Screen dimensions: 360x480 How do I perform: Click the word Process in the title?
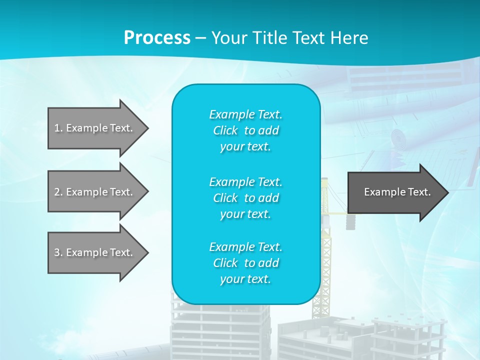click(x=157, y=38)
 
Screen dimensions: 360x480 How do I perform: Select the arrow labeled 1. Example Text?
click(x=95, y=128)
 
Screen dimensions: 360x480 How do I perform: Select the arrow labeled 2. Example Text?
click(x=95, y=192)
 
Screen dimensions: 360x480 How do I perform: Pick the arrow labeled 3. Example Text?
click(x=95, y=252)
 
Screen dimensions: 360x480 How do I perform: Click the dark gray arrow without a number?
click(x=395, y=192)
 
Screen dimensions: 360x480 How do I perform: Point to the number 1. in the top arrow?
click(x=58, y=128)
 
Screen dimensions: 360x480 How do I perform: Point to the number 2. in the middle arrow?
click(x=58, y=192)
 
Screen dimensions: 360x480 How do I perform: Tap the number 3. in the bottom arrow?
click(x=58, y=252)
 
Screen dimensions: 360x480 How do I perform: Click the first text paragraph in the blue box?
click(x=245, y=130)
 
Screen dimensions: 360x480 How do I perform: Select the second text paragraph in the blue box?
click(x=245, y=198)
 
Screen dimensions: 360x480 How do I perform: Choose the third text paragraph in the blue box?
click(x=245, y=263)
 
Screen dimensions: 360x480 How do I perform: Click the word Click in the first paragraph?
click(x=225, y=130)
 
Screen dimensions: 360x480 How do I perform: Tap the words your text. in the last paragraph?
click(x=245, y=279)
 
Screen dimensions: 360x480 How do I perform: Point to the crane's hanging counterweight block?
click(x=350, y=222)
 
